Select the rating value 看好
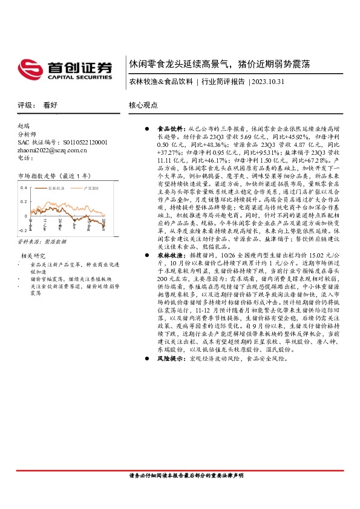point(50,105)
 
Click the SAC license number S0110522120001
point(82,142)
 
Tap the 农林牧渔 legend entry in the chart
point(56,189)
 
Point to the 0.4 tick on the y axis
point(24,187)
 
